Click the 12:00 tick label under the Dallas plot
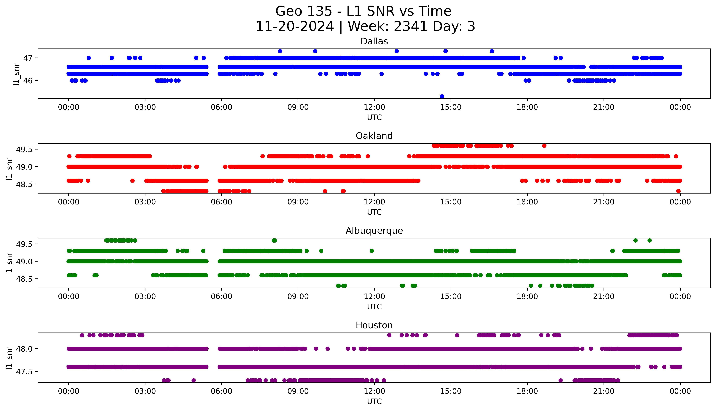374,107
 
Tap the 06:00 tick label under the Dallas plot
221,107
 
